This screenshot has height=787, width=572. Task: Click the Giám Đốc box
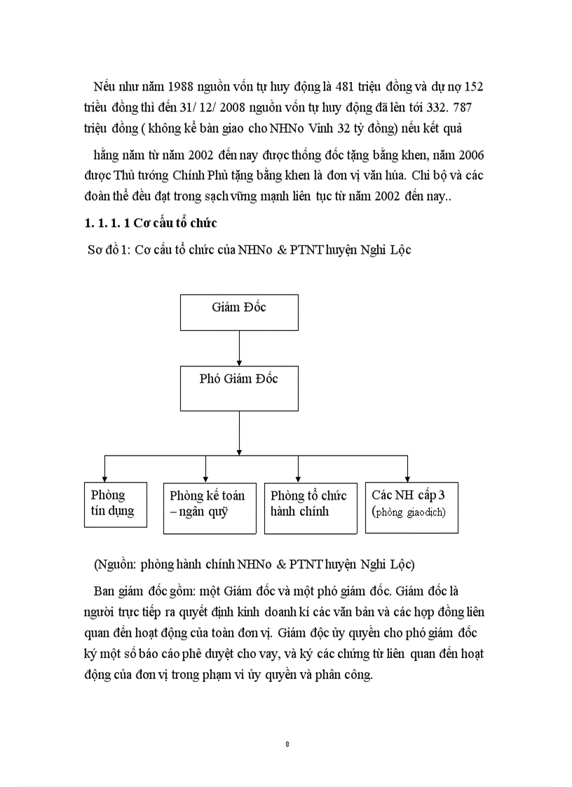[238, 313]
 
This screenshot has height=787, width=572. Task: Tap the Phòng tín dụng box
[115, 504]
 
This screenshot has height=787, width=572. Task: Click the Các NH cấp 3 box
[411, 508]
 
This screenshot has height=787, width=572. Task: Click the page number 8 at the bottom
[287, 744]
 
